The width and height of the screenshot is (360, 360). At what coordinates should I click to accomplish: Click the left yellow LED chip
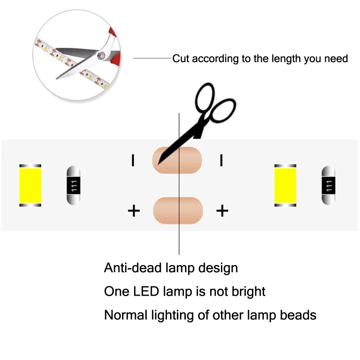tap(30, 185)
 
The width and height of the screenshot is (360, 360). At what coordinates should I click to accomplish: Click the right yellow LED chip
tap(285, 185)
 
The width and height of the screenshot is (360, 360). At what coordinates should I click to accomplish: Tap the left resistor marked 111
tap(73, 185)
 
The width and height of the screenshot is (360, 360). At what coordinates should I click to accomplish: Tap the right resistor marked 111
tap(328, 185)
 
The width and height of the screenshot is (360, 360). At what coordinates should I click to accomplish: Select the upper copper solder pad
tap(177, 160)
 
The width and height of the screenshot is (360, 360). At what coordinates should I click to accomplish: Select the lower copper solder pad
tap(178, 211)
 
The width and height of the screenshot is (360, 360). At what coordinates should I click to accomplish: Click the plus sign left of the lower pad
tap(134, 211)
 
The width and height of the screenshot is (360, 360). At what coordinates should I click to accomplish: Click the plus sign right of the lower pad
tap(222, 211)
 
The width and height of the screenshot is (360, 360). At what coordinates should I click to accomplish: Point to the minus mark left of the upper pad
tap(133, 160)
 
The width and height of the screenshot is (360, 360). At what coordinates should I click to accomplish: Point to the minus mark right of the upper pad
tap(221, 160)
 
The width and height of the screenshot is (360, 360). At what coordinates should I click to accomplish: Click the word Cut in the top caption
tap(181, 58)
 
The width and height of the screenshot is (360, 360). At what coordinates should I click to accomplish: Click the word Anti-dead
tap(133, 268)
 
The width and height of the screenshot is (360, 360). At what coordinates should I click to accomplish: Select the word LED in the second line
tap(146, 291)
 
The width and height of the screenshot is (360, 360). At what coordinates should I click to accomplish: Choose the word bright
tap(248, 292)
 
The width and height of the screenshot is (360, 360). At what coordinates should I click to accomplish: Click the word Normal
tap(126, 315)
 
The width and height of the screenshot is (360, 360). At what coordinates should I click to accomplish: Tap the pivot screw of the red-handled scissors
tap(101, 55)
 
